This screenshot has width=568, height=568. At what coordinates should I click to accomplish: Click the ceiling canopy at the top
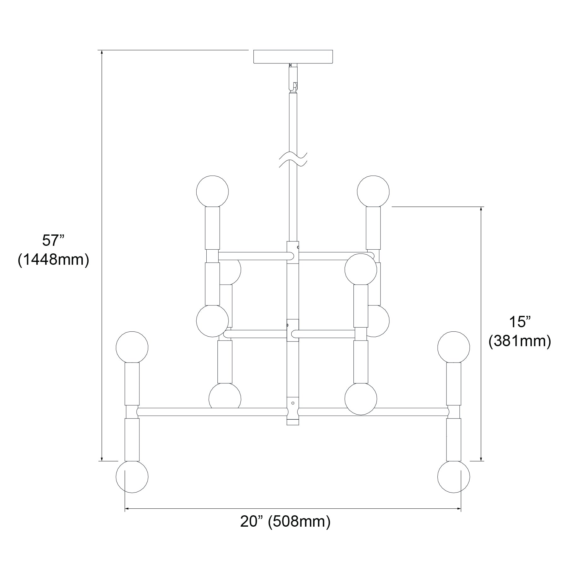[x=293, y=56]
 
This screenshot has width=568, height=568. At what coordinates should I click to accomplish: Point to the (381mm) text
[x=520, y=341]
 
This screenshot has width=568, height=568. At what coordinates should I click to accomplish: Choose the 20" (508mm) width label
[x=285, y=522]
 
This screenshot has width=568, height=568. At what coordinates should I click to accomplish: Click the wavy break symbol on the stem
[x=293, y=159]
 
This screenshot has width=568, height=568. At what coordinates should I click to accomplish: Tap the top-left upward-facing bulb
[x=212, y=191]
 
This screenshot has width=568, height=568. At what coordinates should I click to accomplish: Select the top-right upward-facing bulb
[x=373, y=191]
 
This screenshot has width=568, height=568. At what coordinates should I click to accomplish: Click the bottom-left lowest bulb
[x=132, y=477]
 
